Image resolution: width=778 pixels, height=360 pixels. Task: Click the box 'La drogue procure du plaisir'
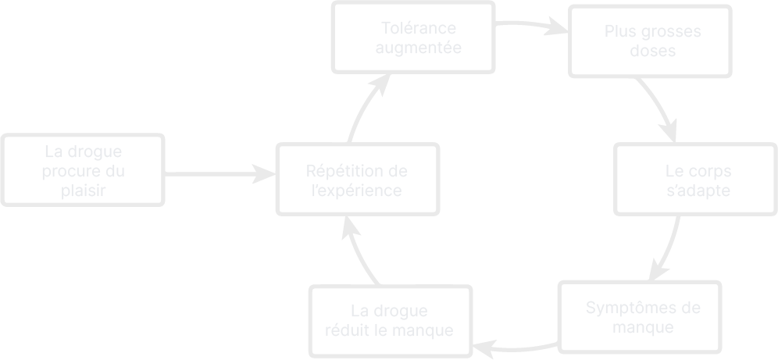click(x=83, y=170)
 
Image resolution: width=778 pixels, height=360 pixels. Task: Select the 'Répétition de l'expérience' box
click(x=357, y=180)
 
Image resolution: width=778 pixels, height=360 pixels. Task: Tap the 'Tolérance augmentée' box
click(x=414, y=37)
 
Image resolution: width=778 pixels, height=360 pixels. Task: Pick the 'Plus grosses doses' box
click(x=650, y=41)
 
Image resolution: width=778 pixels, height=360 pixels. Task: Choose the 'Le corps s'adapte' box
click(x=695, y=180)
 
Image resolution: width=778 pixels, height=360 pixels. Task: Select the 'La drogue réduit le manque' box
click(x=391, y=321)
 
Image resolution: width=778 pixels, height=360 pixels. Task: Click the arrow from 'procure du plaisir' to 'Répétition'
click(x=219, y=174)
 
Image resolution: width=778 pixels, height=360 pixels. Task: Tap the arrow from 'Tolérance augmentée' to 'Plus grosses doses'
click(x=531, y=27)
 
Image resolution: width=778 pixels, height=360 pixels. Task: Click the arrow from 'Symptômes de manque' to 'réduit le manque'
click(x=516, y=346)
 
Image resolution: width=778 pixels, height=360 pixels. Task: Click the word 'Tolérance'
click(x=419, y=28)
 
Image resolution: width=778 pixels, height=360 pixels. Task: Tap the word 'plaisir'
click(x=83, y=190)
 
